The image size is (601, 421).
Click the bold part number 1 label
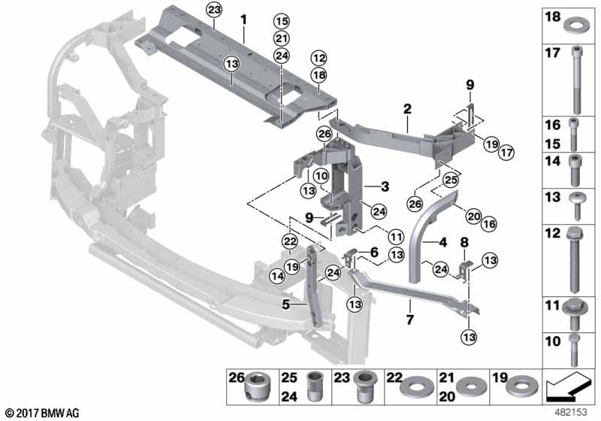coord(243,17)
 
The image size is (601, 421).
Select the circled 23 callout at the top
coord(214,10)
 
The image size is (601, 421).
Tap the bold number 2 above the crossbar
coord(406,109)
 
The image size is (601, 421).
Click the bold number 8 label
coord(464,242)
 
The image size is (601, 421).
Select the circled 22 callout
coord(289,241)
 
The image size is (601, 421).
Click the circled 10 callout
coord(321,177)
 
